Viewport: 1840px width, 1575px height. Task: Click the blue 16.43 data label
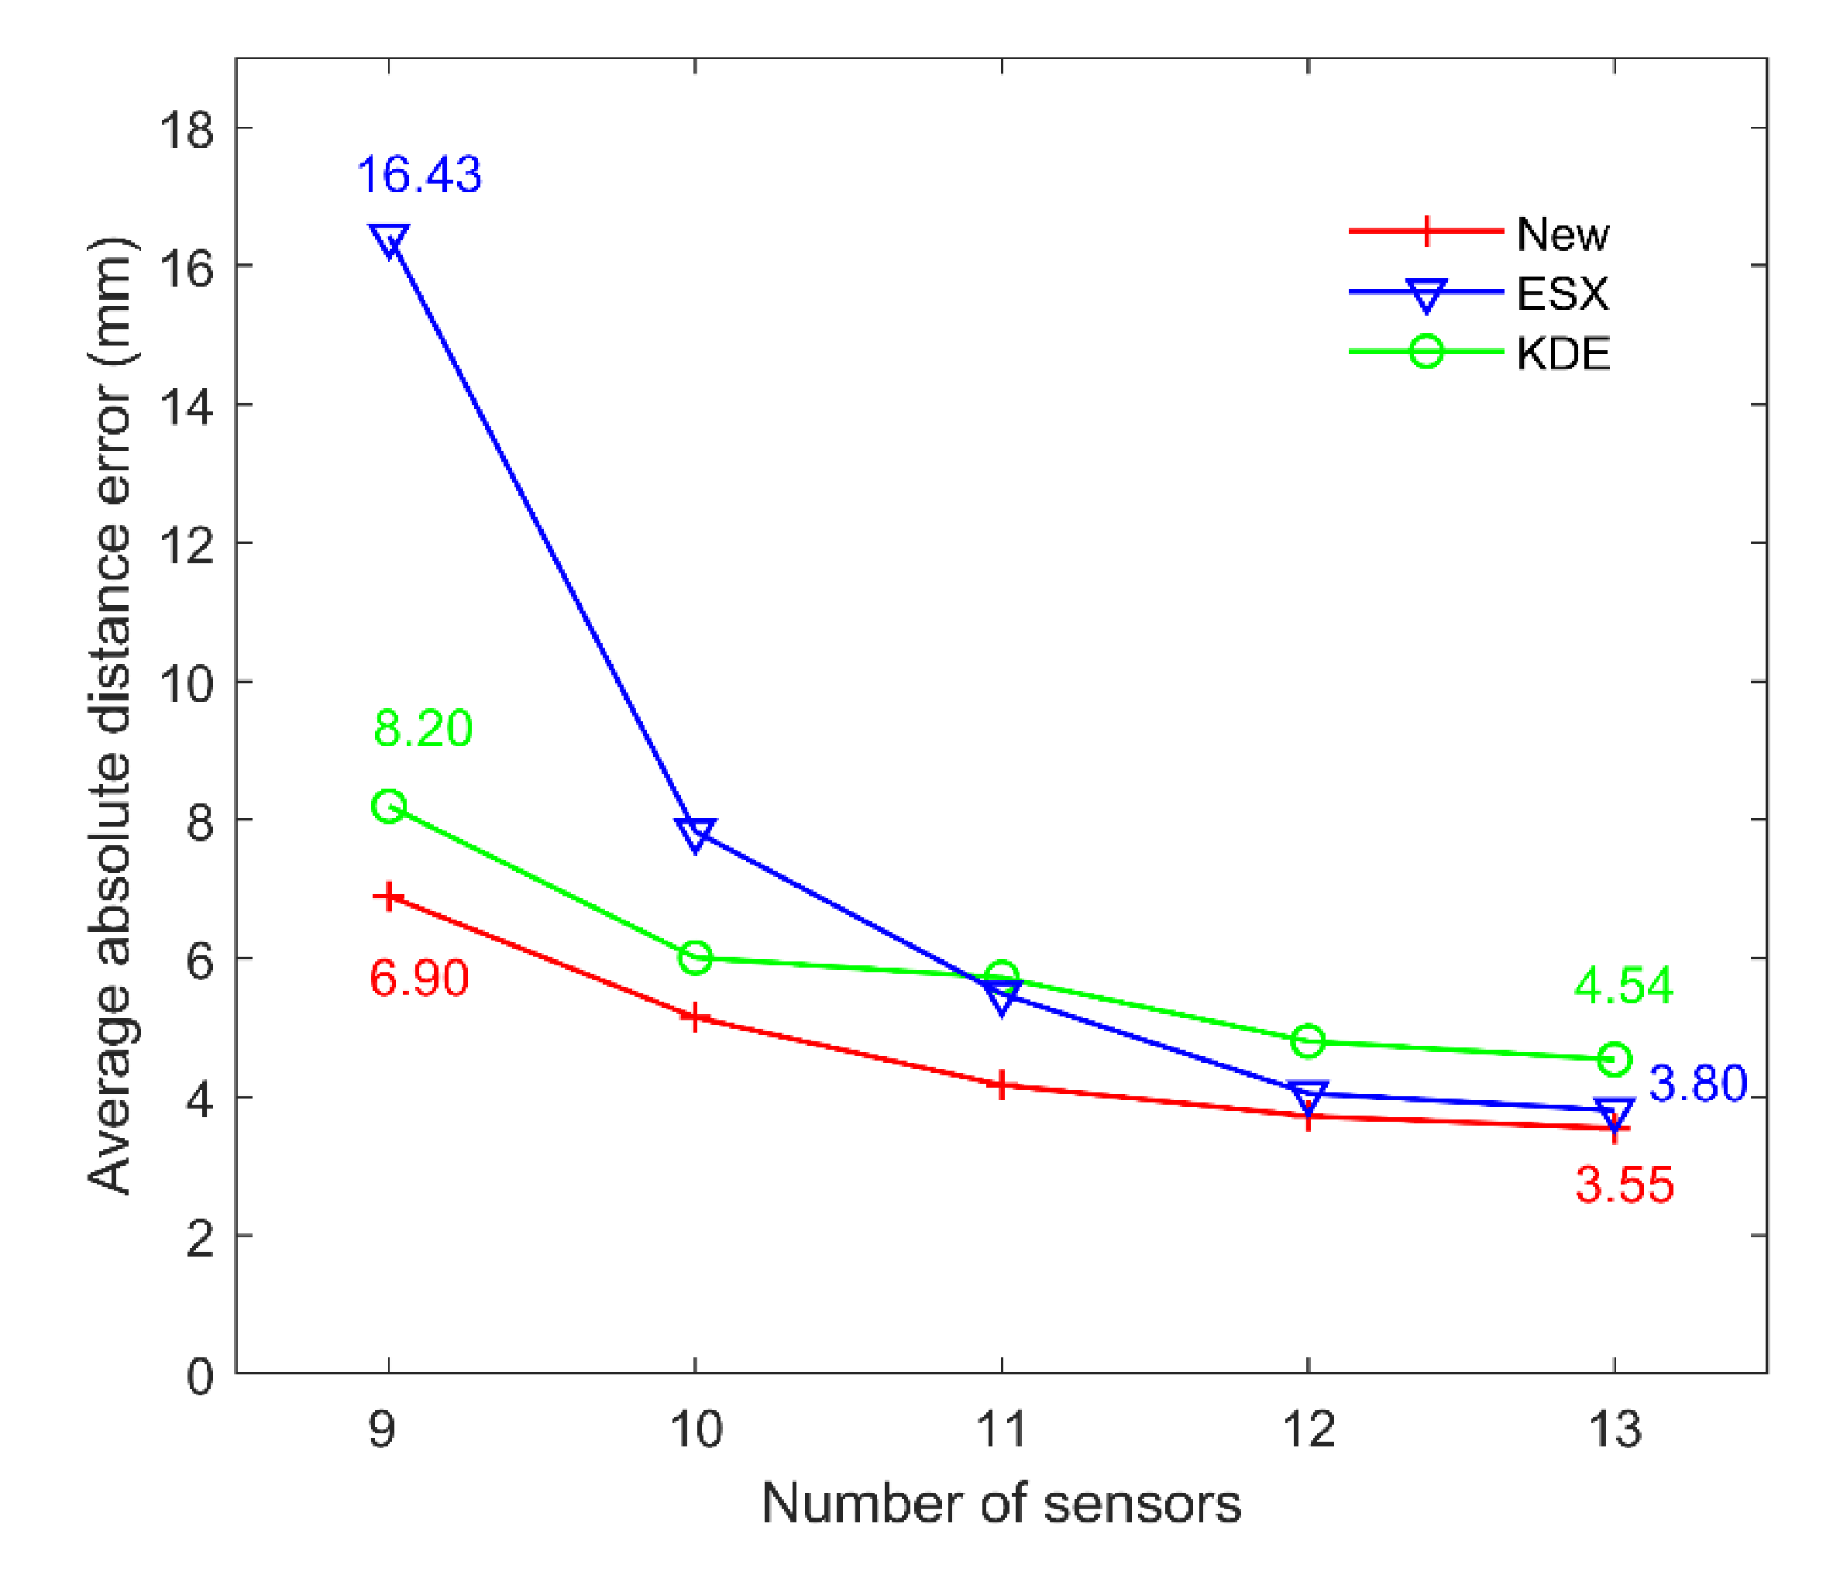point(418,175)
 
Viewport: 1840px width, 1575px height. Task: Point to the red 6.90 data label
point(418,978)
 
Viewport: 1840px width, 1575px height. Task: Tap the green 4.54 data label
point(1623,985)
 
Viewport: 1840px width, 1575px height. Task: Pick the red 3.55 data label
point(1624,1185)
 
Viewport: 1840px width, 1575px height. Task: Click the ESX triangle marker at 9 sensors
point(389,239)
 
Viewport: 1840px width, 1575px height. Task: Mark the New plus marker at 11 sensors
point(1002,1085)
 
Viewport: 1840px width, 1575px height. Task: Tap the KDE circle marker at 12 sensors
point(1308,1040)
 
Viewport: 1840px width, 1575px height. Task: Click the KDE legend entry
point(1562,354)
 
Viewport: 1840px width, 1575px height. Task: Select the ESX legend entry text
point(1562,294)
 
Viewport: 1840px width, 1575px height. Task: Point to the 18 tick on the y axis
point(187,129)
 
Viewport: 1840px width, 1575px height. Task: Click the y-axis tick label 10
point(187,683)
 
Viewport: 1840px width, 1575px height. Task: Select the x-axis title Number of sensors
point(1001,1505)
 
